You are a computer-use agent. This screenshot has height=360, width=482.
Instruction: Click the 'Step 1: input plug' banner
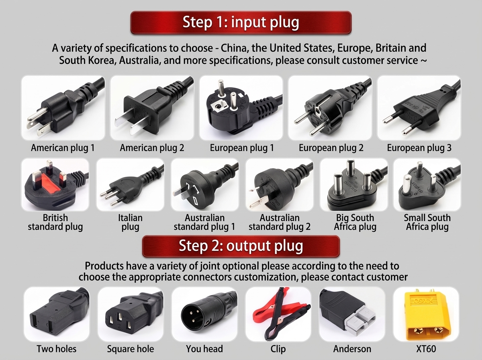click(x=241, y=22)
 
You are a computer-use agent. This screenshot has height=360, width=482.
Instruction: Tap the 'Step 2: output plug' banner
click(x=241, y=246)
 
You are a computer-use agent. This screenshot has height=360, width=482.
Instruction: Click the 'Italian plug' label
click(x=130, y=222)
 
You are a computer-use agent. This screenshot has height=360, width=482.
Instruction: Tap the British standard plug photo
click(x=55, y=185)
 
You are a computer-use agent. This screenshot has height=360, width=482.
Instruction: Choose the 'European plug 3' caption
click(x=419, y=148)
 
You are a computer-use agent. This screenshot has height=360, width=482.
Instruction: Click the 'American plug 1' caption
click(x=63, y=148)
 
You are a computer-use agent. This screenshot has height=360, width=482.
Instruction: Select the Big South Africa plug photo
click(x=353, y=184)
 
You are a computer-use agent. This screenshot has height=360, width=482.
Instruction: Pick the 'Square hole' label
click(x=131, y=349)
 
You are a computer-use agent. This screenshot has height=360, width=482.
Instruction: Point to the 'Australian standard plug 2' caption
click(x=280, y=222)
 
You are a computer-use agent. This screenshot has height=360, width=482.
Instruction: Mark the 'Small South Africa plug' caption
click(x=427, y=222)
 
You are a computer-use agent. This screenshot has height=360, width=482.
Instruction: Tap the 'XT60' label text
click(x=426, y=349)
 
